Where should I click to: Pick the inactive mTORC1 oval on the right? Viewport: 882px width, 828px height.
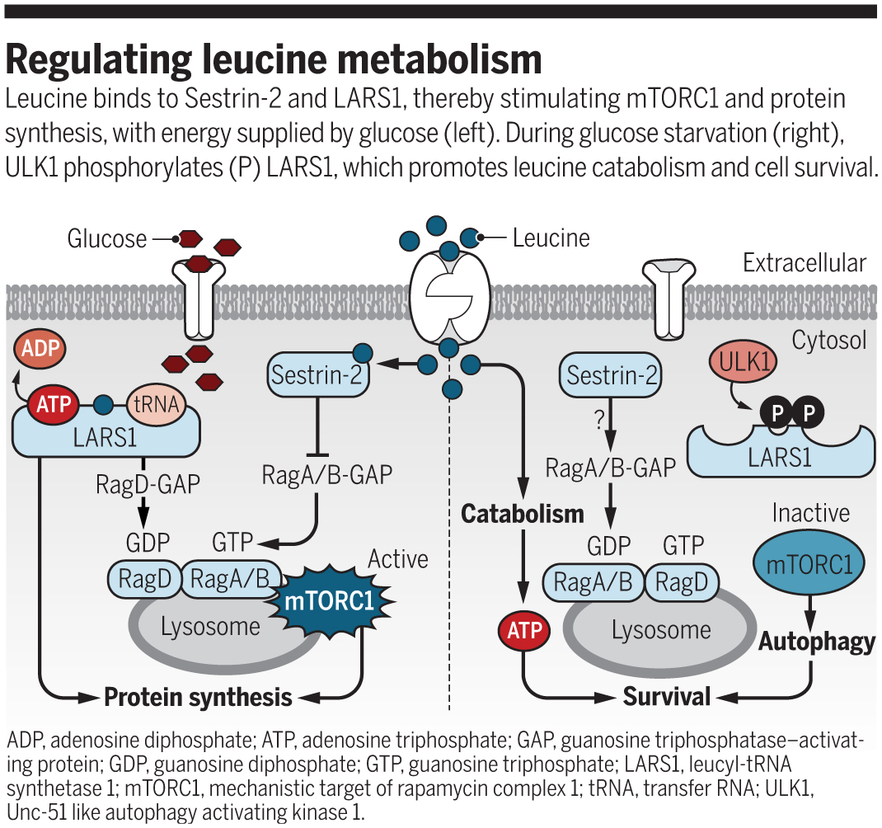(x=810, y=564)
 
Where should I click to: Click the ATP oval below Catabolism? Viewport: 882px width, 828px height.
(x=523, y=631)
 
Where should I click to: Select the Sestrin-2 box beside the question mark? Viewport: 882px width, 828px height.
(x=612, y=376)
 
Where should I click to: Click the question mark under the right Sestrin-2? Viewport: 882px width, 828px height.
(x=599, y=420)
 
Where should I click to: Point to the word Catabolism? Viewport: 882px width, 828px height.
(x=522, y=514)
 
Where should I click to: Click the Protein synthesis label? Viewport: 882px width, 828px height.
(x=198, y=698)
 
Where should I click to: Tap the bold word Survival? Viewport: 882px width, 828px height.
(x=666, y=697)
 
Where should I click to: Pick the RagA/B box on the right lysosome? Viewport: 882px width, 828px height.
(x=592, y=583)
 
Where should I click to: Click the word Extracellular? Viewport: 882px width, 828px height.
(x=804, y=263)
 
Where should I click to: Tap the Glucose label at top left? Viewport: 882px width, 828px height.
(x=107, y=239)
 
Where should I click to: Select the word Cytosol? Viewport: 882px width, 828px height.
(x=828, y=340)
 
